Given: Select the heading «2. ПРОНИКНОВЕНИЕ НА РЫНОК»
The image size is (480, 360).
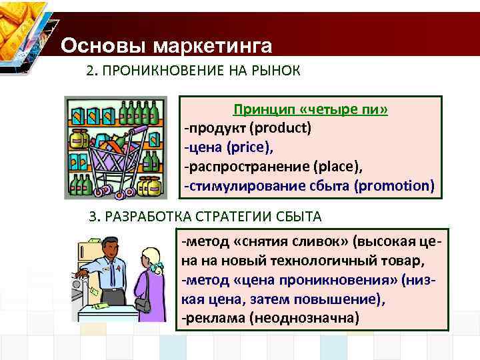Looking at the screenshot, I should click(193, 71).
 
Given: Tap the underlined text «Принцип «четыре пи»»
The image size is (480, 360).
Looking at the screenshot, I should click(310, 109).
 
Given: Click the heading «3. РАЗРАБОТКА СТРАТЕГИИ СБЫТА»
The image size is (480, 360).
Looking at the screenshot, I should click(205, 217).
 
